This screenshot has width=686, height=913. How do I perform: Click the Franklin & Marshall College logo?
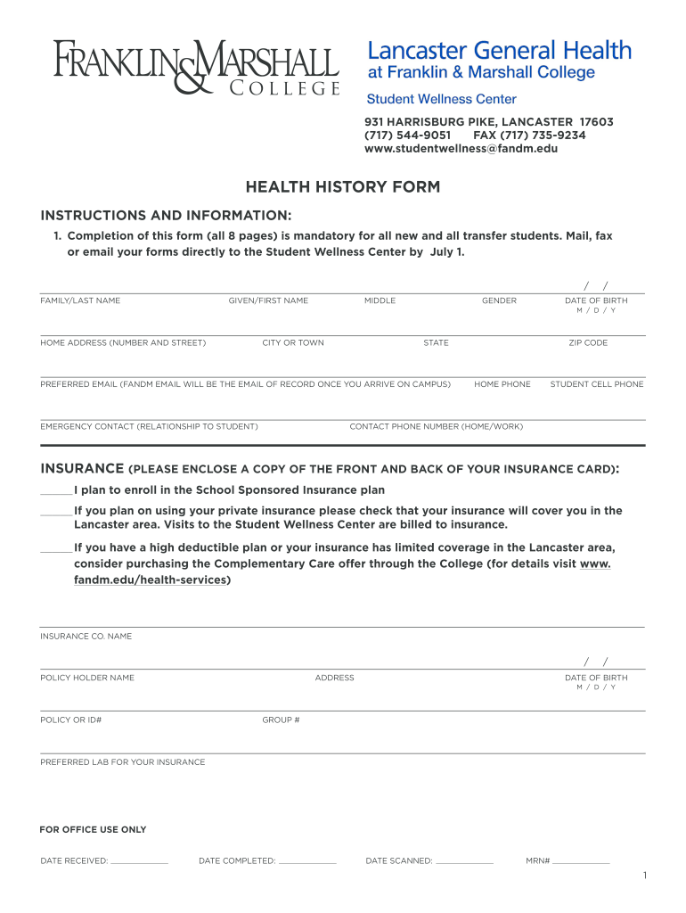click(x=196, y=68)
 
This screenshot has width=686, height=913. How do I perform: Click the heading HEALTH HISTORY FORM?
click(x=343, y=187)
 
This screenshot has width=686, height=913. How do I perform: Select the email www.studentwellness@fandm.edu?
click(x=461, y=149)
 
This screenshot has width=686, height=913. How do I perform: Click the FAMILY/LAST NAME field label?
click(x=80, y=301)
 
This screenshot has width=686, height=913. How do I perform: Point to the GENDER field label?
click(x=499, y=301)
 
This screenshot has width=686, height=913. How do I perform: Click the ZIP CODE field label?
click(x=588, y=343)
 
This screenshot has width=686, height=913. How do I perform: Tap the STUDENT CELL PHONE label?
click(x=596, y=384)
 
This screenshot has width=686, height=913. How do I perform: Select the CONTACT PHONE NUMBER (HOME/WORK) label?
click(x=436, y=427)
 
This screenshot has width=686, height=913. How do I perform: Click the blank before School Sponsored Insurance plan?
click(x=55, y=491)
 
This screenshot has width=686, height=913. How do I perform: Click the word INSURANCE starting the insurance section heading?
click(x=82, y=469)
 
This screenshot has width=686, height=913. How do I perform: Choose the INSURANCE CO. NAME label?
click(x=86, y=637)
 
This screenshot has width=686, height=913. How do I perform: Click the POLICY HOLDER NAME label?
click(x=87, y=679)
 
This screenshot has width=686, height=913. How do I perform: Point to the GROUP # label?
click(x=281, y=720)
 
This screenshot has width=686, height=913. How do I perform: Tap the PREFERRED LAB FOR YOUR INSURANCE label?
click(x=122, y=762)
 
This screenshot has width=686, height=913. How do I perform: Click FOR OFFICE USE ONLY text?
click(x=93, y=830)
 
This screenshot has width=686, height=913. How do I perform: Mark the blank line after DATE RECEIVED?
click(x=140, y=862)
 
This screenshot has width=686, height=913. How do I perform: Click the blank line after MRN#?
click(x=581, y=862)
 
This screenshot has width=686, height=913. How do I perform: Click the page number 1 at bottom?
click(x=643, y=877)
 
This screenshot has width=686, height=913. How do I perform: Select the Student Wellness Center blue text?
click(x=442, y=99)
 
